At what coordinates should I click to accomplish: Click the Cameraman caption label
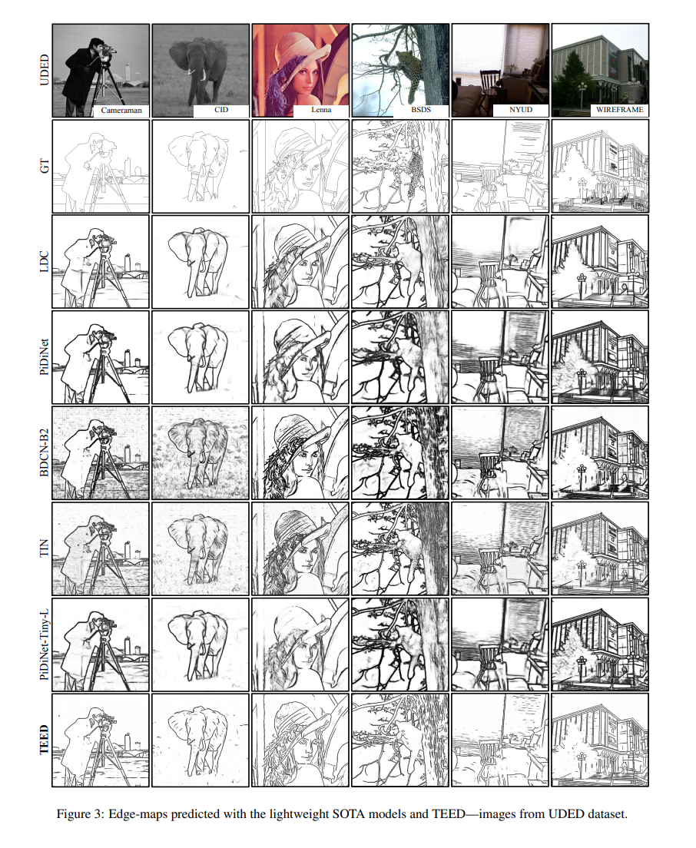pyautogui.click(x=121, y=111)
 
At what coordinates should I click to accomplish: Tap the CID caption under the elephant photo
pyautogui.click(x=221, y=110)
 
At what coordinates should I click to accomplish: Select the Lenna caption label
pyautogui.click(x=321, y=110)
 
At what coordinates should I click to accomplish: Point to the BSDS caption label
pyautogui.click(x=421, y=110)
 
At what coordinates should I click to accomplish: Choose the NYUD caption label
pyautogui.click(x=521, y=110)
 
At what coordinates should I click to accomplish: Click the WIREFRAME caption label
pyautogui.click(x=620, y=110)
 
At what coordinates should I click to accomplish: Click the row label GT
pyautogui.click(x=45, y=166)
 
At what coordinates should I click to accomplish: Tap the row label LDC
pyautogui.click(x=45, y=262)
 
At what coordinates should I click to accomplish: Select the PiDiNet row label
pyautogui.click(x=45, y=357)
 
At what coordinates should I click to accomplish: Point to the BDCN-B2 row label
pyautogui.click(x=45, y=452)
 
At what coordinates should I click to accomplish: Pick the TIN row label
pyautogui.click(x=45, y=548)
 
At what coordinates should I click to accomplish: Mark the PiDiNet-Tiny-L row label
pyautogui.click(x=45, y=644)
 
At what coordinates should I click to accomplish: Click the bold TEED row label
pyautogui.click(x=45, y=739)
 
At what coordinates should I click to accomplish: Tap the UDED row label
pyautogui.click(x=45, y=71)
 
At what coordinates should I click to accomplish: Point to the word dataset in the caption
pyautogui.click(x=604, y=814)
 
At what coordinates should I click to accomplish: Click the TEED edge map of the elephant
pyautogui.click(x=201, y=740)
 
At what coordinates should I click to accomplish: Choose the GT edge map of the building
pyautogui.click(x=600, y=166)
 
